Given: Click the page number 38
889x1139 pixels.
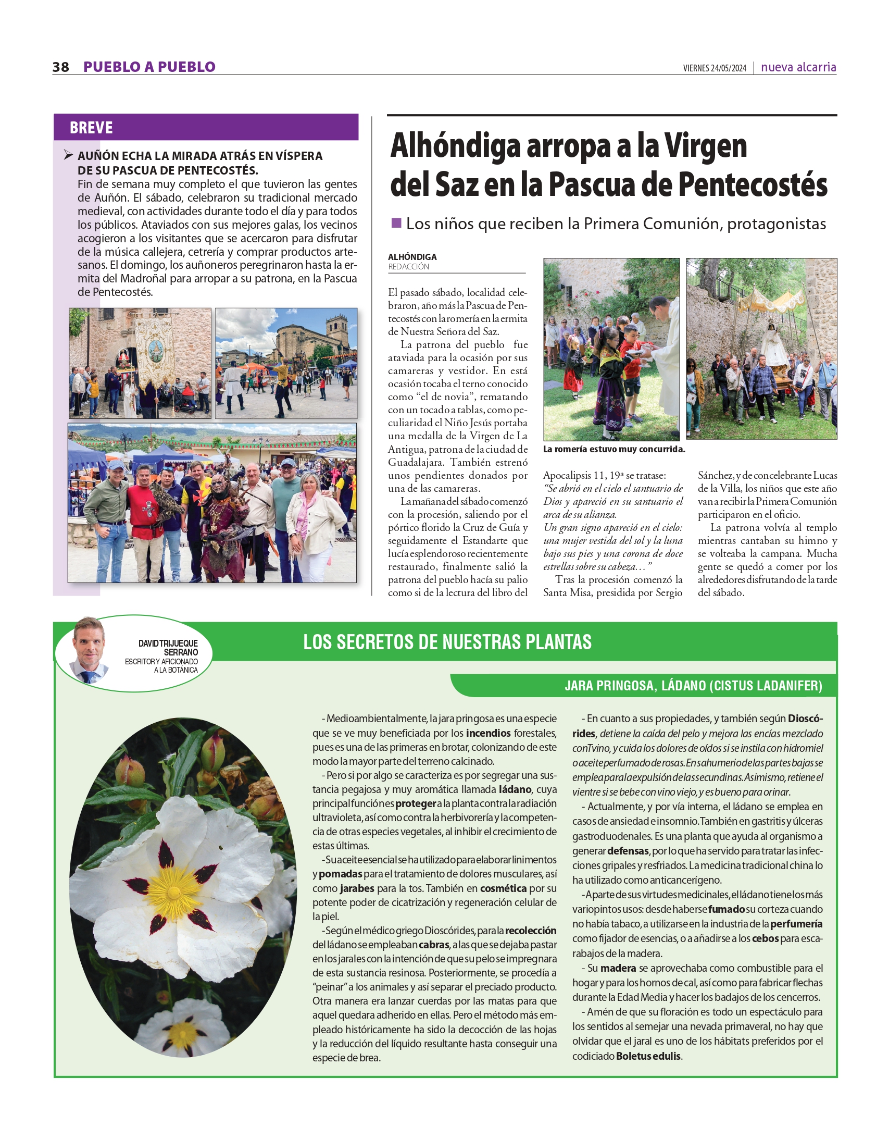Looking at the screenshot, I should (x=60, y=67).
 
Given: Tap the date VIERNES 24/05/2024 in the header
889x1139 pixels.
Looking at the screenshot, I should (x=715, y=68).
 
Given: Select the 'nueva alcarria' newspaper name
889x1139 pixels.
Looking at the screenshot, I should (x=798, y=67).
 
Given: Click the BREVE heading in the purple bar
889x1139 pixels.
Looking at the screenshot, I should (x=91, y=128).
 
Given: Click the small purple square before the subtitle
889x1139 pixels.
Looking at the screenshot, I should (x=396, y=223).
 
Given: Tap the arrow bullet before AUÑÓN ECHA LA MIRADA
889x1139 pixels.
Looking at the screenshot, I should (x=68, y=155).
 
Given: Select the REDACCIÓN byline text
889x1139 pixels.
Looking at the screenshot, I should (x=408, y=266).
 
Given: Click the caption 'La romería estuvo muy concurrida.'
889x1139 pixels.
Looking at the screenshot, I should (x=613, y=449).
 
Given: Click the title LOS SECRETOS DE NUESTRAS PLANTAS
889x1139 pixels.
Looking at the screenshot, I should (x=447, y=642).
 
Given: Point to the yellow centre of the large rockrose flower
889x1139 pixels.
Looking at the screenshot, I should (x=174, y=890).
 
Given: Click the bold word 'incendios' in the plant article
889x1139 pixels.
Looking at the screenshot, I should (x=488, y=733).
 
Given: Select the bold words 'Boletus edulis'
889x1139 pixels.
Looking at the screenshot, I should (x=648, y=1056).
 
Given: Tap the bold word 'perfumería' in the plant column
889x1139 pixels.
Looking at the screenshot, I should (x=796, y=924).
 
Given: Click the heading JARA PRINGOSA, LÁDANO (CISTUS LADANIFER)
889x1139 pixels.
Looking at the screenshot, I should (x=693, y=685).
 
